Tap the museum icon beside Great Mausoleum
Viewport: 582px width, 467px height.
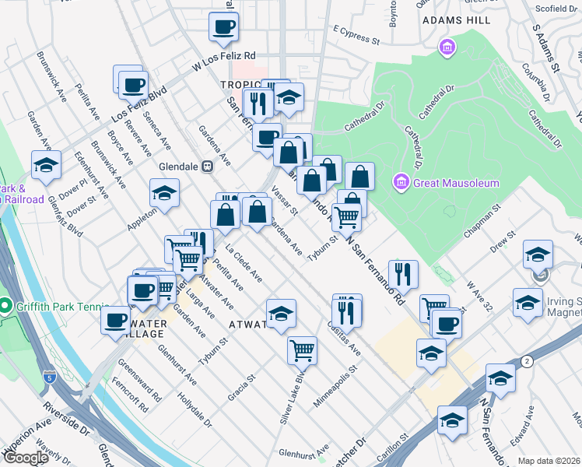click(401, 183)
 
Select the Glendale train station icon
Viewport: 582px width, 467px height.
click(207, 166)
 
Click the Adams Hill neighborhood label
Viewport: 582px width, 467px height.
click(453, 22)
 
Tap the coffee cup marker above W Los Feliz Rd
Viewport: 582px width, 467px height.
click(223, 27)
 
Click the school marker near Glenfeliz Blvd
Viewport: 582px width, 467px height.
click(46, 165)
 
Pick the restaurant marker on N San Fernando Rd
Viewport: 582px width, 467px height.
click(403, 273)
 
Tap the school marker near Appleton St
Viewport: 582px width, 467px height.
click(164, 193)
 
